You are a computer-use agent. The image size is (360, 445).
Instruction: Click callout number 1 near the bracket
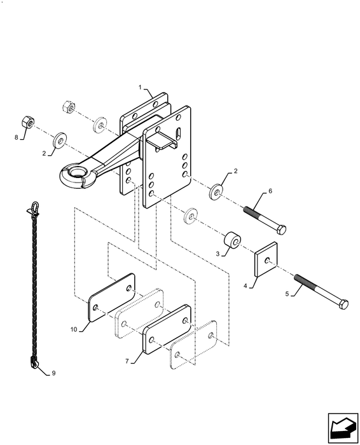click(140, 87)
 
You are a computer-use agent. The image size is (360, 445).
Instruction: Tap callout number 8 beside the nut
click(16, 137)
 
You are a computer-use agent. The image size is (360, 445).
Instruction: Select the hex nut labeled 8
click(28, 121)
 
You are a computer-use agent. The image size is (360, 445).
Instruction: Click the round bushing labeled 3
click(233, 240)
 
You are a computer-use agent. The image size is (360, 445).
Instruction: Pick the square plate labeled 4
click(266, 259)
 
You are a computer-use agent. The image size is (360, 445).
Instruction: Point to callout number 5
click(287, 294)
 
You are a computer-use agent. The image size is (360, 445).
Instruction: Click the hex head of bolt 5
click(343, 305)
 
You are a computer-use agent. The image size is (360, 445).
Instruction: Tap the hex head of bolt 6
click(281, 229)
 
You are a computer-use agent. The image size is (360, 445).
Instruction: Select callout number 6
click(270, 191)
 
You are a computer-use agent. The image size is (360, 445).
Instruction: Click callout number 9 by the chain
click(53, 373)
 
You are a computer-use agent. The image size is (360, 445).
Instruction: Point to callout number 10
click(74, 329)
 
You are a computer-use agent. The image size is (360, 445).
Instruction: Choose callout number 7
click(127, 361)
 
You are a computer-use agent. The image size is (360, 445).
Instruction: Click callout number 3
click(218, 254)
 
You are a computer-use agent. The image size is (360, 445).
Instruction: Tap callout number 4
click(246, 286)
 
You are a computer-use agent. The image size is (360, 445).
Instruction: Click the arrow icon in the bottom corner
click(343, 428)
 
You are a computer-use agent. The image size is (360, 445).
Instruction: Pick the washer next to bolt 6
click(216, 192)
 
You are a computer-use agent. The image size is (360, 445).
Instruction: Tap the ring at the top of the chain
click(36, 205)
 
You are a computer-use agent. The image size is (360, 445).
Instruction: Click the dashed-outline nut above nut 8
click(68, 107)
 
